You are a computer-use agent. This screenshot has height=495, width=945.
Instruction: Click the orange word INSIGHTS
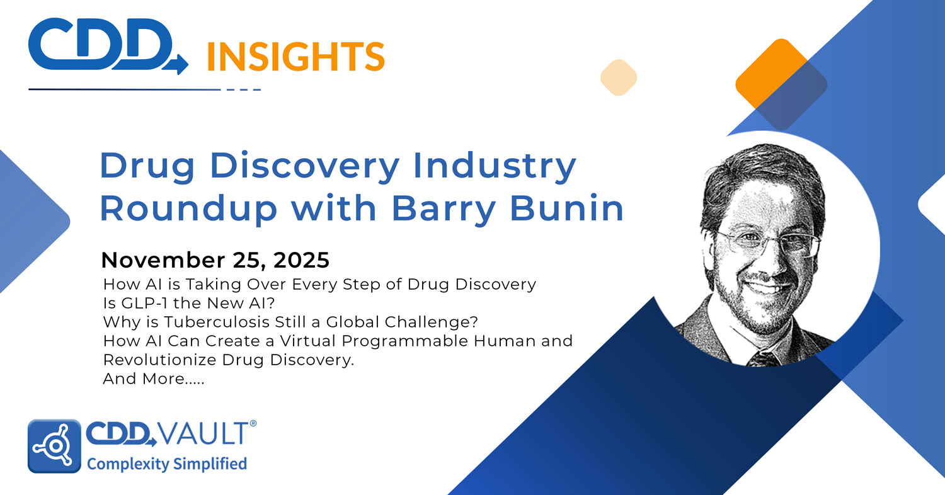click(x=295, y=57)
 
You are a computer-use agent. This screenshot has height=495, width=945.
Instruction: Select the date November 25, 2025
click(x=215, y=259)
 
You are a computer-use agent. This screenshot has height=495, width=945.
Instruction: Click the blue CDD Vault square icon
click(x=54, y=446)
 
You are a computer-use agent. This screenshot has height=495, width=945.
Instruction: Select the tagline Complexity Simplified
click(x=166, y=465)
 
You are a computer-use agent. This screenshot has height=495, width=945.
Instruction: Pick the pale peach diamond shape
click(x=618, y=77)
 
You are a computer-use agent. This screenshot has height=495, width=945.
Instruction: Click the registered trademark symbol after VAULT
click(x=253, y=424)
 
